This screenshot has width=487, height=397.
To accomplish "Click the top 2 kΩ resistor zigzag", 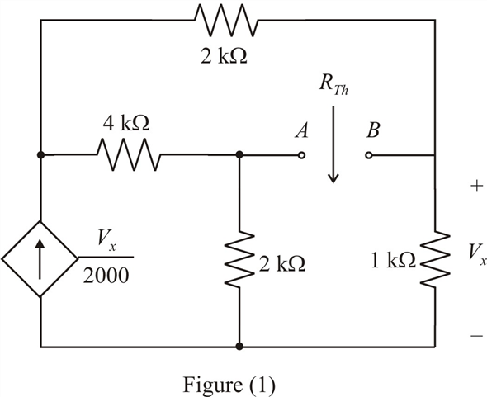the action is pyautogui.click(x=226, y=21).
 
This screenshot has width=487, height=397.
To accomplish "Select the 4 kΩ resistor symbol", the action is pyautogui.click(x=129, y=154).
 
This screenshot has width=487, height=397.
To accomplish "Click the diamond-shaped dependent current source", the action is pyautogui.click(x=40, y=258).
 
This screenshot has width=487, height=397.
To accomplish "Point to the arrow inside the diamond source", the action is pyautogui.click(x=40, y=259).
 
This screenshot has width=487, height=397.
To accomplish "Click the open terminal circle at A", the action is pyautogui.click(x=301, y=154).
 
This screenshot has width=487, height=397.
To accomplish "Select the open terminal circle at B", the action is pyautogui.click(x=368, y=155).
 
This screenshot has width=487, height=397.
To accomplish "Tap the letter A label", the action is pyautogui.click(x=301, y=130).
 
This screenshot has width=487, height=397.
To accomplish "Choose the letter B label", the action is pyautogui.click(x=373, y=130).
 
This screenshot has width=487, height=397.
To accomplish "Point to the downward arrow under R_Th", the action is pyautogui.click(x=333, y=144).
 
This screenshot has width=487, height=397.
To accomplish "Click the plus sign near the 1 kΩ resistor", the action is pyautogui.click(x=477, y=186).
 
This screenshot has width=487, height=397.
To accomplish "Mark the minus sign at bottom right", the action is pyautogui.click(x=477, y=335).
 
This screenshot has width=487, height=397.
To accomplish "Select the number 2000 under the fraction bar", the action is pyautogui.click(x=106, y=275).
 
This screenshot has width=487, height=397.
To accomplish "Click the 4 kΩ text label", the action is pyautogui.click(x=126, y=123).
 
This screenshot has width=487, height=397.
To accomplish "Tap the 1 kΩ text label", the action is pyautogui.click(x=394, y=260).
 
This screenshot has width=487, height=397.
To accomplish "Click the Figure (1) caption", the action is pyautogui.click(x=229, y=385).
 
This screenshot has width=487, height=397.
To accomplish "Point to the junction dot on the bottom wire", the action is pyautogui.click(x=239, y=346).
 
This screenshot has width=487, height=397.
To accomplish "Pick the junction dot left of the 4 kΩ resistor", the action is pyautogui.click(x=40, y=154).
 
